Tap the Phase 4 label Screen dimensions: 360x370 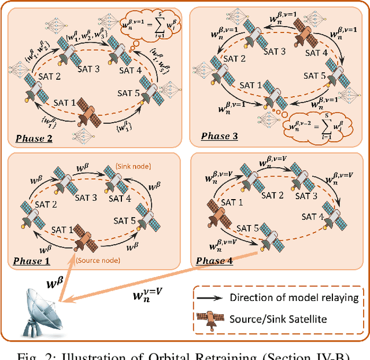[215, 262]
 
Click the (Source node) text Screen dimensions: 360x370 [99, 260]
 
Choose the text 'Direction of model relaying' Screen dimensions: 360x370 [295, 298]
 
